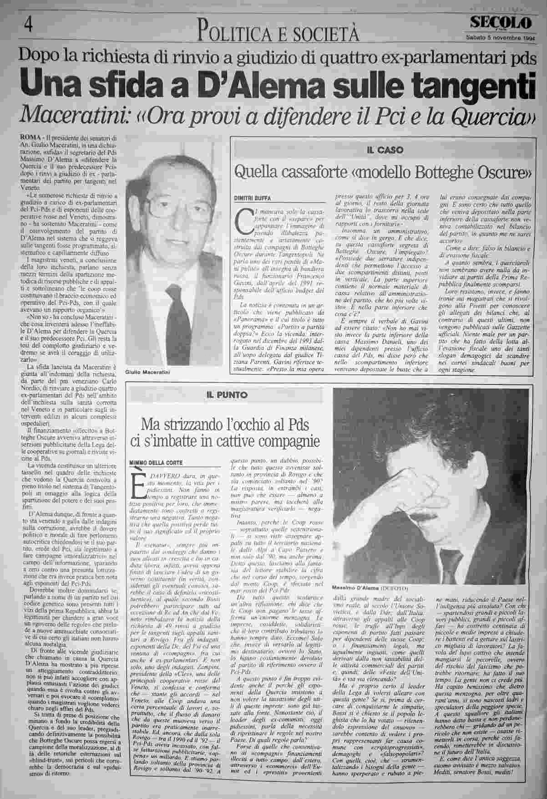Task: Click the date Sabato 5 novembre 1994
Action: [500, 38]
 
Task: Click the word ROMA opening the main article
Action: [29, 137]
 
